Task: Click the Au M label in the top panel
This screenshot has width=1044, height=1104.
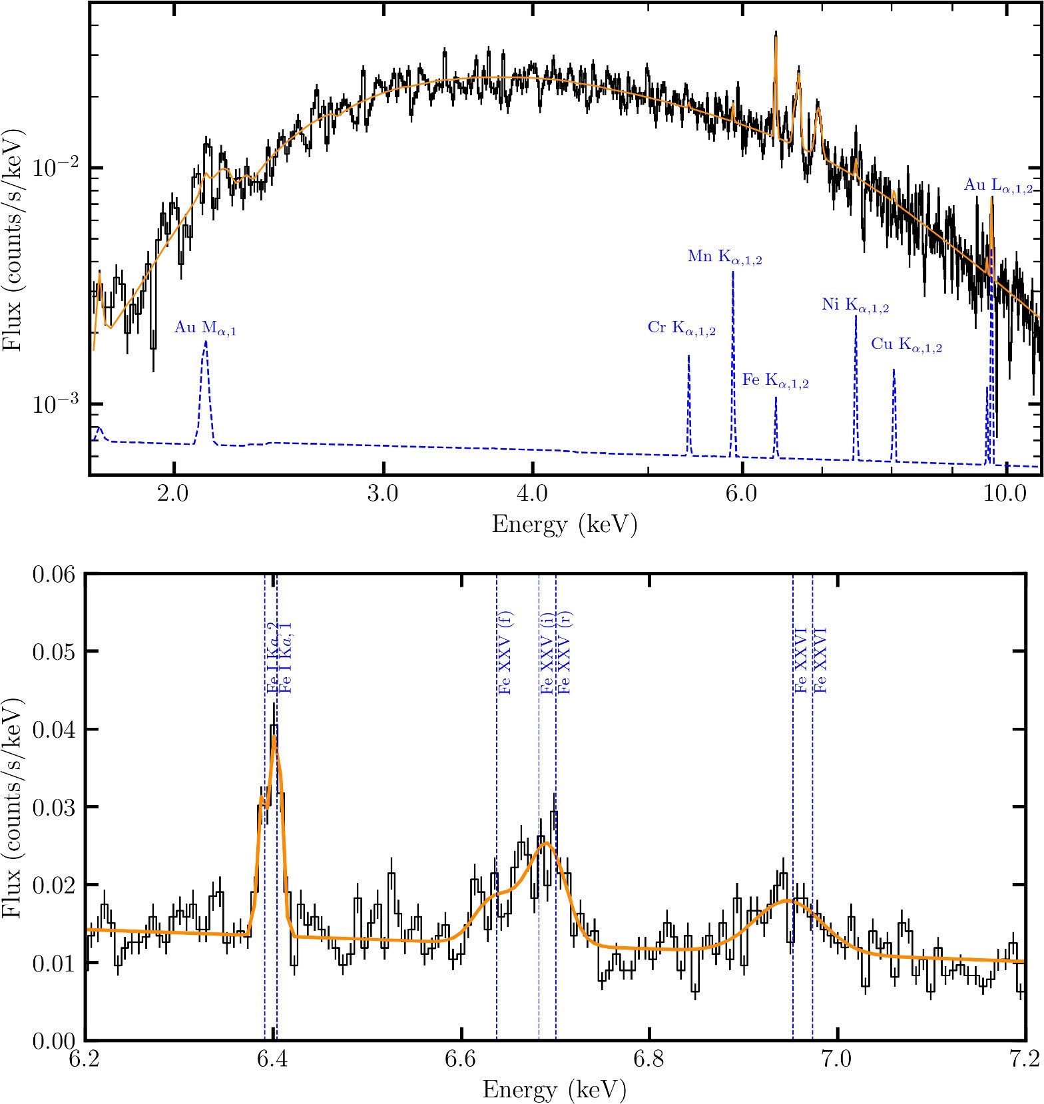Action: point(205,328)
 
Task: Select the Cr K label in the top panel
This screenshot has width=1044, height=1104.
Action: point(681,328)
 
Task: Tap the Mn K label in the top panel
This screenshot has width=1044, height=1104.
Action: point(724,257)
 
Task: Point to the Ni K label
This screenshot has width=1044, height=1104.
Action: point(855,306)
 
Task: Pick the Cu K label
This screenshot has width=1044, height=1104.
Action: point(906,345)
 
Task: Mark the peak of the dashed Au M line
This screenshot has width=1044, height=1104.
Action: point(205,342)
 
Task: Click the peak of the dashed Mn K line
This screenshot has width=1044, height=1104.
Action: point(733,272)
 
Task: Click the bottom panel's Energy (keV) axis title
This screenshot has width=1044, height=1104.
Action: point(553,1090)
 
